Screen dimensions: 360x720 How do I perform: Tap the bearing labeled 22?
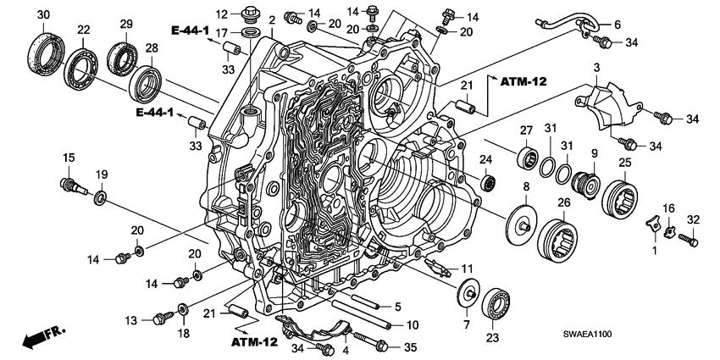pos(82,64)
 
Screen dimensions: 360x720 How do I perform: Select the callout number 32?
pos(692,219)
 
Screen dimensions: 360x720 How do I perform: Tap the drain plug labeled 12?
pos(249,14)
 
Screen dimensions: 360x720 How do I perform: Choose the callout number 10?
pos(413,324)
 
